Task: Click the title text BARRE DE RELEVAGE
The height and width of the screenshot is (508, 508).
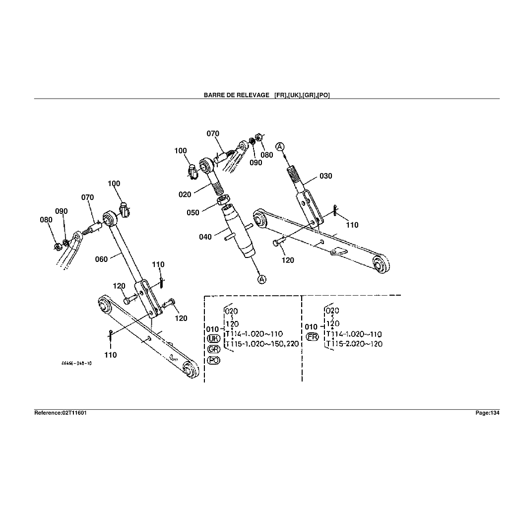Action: pyautogui.click(x=236, y=95)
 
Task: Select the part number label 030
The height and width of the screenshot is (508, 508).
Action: pyautogui.click(x=325, y=176)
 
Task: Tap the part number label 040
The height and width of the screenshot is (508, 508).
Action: pyautogui.click(x=205, y=237)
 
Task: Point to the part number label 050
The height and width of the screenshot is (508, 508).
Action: pyautogui.click(x=193, y=213)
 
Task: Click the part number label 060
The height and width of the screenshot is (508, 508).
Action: pyautogui.click(x=101, y=259)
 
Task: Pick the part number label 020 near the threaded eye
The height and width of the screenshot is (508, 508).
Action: pyautogui.click(x=185, y=194)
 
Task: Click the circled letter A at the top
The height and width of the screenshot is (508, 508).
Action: pyautogui.click(x=280, y=146)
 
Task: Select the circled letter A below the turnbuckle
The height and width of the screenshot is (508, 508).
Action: pyautogui.click(x=261, y=279)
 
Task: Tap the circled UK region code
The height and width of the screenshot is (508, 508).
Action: pyautogui.click(x=213, y=339)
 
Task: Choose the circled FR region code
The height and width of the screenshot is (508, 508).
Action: pyautogui.click(x=312, y=337)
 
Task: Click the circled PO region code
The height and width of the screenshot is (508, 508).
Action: pyautogui.click(x=213, y=361)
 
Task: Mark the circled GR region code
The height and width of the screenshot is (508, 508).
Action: pyautogui.click(x=213, y=350)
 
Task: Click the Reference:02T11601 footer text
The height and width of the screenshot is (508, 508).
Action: pyautogui.click(x=61, y=413)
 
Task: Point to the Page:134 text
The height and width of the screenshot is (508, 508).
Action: pyautogui.click(x=487, y=413)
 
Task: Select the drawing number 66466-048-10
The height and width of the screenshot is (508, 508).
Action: pyautogui.click(x=76, y=363)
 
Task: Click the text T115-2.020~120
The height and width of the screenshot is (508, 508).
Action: pyautogui.click(x=354, y=344)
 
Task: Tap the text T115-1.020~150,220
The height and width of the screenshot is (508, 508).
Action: pyautogui.click(x=262, y=344)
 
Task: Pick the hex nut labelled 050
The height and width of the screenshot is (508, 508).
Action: pyautogui.click(x=223, y=200)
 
